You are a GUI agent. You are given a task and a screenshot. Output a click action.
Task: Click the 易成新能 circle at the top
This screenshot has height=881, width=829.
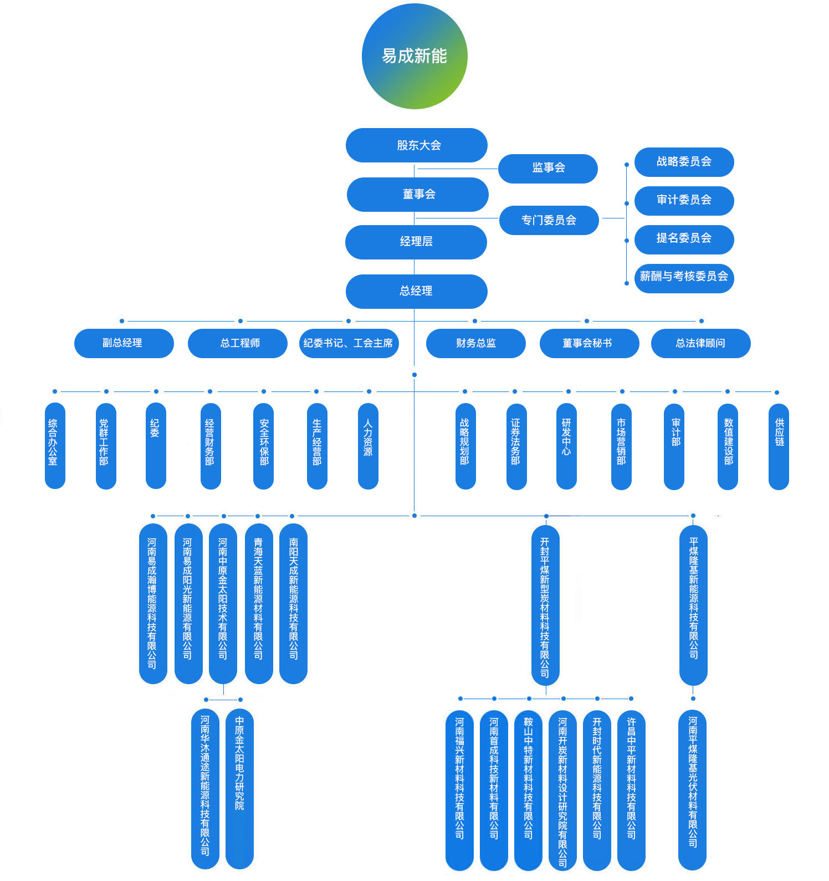415,56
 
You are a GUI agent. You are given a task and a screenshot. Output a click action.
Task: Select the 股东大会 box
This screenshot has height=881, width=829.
417,145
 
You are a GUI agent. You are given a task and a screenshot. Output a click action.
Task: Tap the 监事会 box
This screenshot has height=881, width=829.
548,168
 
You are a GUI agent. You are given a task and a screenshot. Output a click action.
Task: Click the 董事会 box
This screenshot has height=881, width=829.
418,194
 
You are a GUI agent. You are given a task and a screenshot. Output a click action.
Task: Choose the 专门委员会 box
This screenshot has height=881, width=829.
549,220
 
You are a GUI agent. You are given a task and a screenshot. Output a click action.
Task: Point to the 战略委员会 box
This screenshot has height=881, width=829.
684,162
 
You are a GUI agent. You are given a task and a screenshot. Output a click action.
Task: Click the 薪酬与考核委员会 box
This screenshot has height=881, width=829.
684,277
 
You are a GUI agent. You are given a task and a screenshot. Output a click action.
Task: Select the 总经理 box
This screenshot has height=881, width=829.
417,291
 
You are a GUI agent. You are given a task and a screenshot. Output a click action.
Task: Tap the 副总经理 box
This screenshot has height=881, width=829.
124,343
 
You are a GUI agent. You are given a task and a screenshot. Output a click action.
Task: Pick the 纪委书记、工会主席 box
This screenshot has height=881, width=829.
349,343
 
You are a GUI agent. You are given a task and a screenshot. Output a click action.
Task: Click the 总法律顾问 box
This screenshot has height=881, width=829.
700,343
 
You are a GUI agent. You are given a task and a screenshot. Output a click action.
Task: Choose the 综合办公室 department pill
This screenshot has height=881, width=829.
55,445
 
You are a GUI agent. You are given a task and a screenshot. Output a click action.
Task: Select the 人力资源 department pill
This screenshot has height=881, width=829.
368,445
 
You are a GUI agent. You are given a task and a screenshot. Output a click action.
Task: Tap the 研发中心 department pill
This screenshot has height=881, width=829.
566,445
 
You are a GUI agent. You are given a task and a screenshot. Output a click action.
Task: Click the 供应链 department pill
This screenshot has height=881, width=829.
779,445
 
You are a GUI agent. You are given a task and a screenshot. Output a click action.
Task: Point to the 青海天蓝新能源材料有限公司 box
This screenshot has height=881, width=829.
258,603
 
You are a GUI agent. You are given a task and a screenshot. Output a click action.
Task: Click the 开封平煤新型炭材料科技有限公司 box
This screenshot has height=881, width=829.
545,604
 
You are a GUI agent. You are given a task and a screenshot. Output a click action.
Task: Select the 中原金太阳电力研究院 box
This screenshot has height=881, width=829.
239,787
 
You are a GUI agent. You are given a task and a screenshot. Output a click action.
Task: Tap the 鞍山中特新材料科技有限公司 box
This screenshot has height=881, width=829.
528,790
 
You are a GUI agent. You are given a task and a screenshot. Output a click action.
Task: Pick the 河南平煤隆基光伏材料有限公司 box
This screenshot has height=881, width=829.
692,790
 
